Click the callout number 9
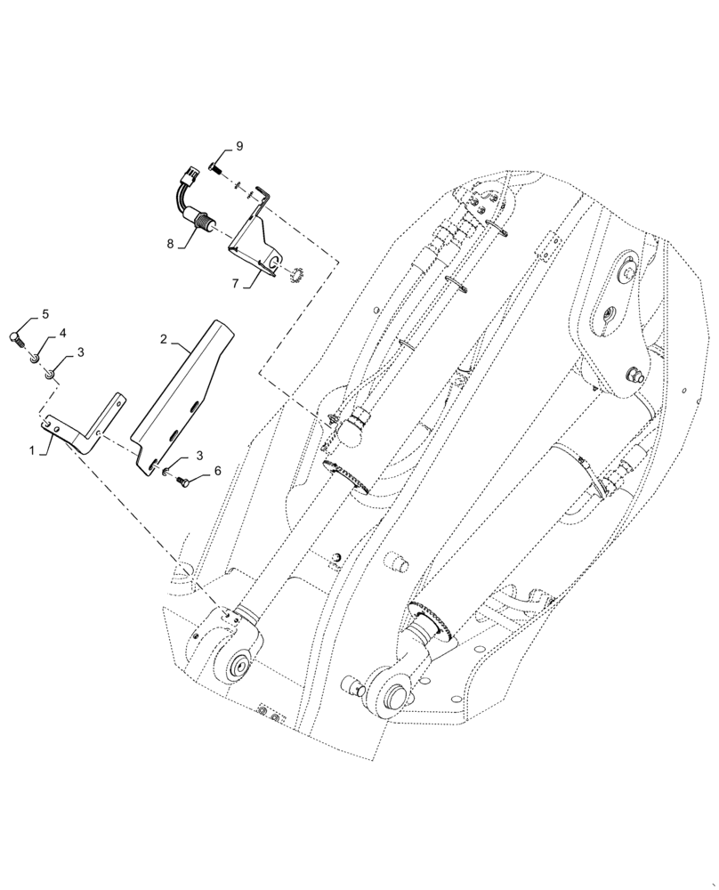(238, 146)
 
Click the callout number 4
(63, 333)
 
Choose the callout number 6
(216, 471)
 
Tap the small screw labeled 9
(214, 166)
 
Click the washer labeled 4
(35, 358)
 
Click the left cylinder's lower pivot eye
(238, 664)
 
